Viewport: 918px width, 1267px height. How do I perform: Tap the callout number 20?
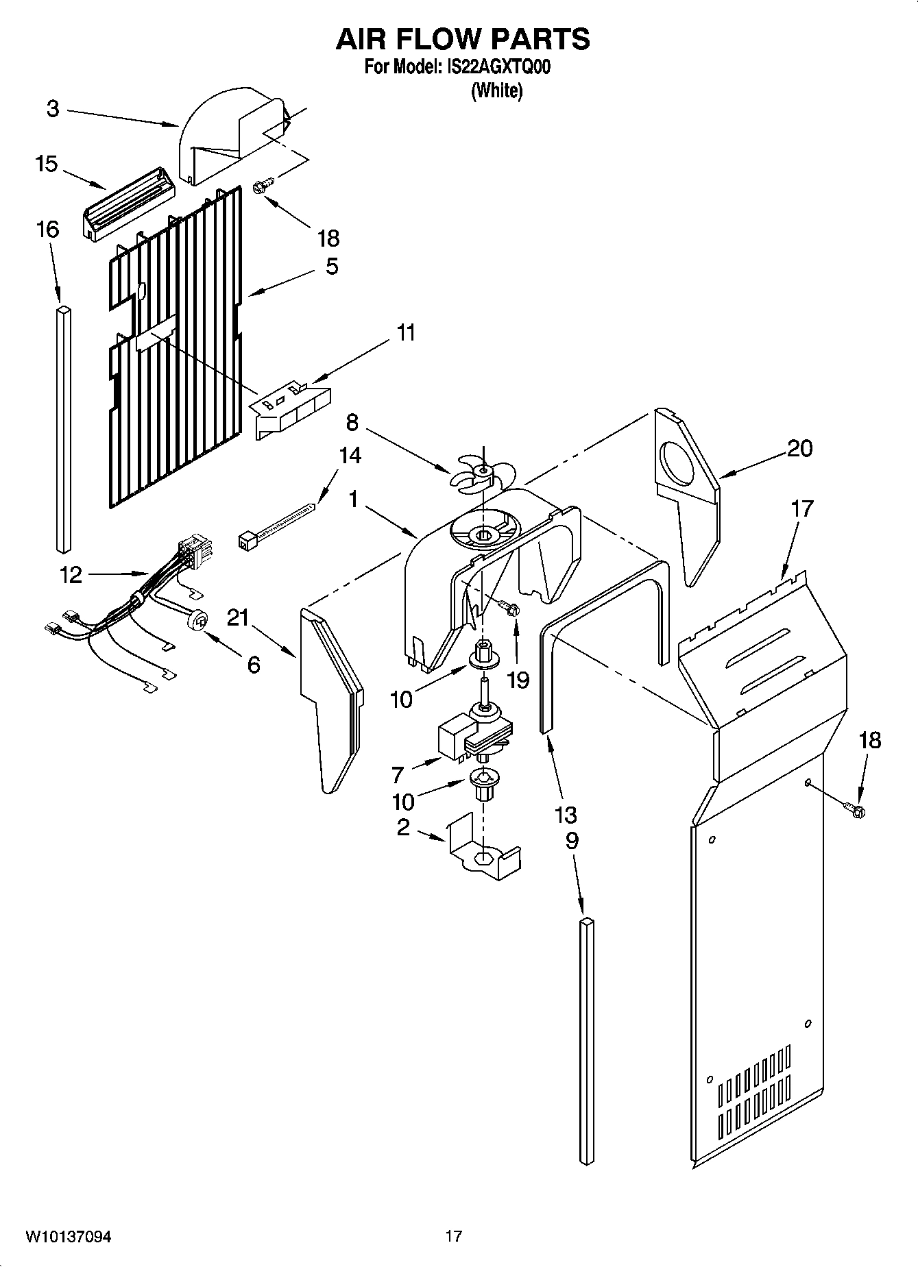(x=799, y=448)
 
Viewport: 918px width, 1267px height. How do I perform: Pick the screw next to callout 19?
(x=510, y=607)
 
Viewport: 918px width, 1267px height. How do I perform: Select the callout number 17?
(x=801, y=508)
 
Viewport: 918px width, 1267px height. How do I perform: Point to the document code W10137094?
(x=69, y=1236)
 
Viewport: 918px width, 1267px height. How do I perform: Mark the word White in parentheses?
(x=496, y=90)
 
